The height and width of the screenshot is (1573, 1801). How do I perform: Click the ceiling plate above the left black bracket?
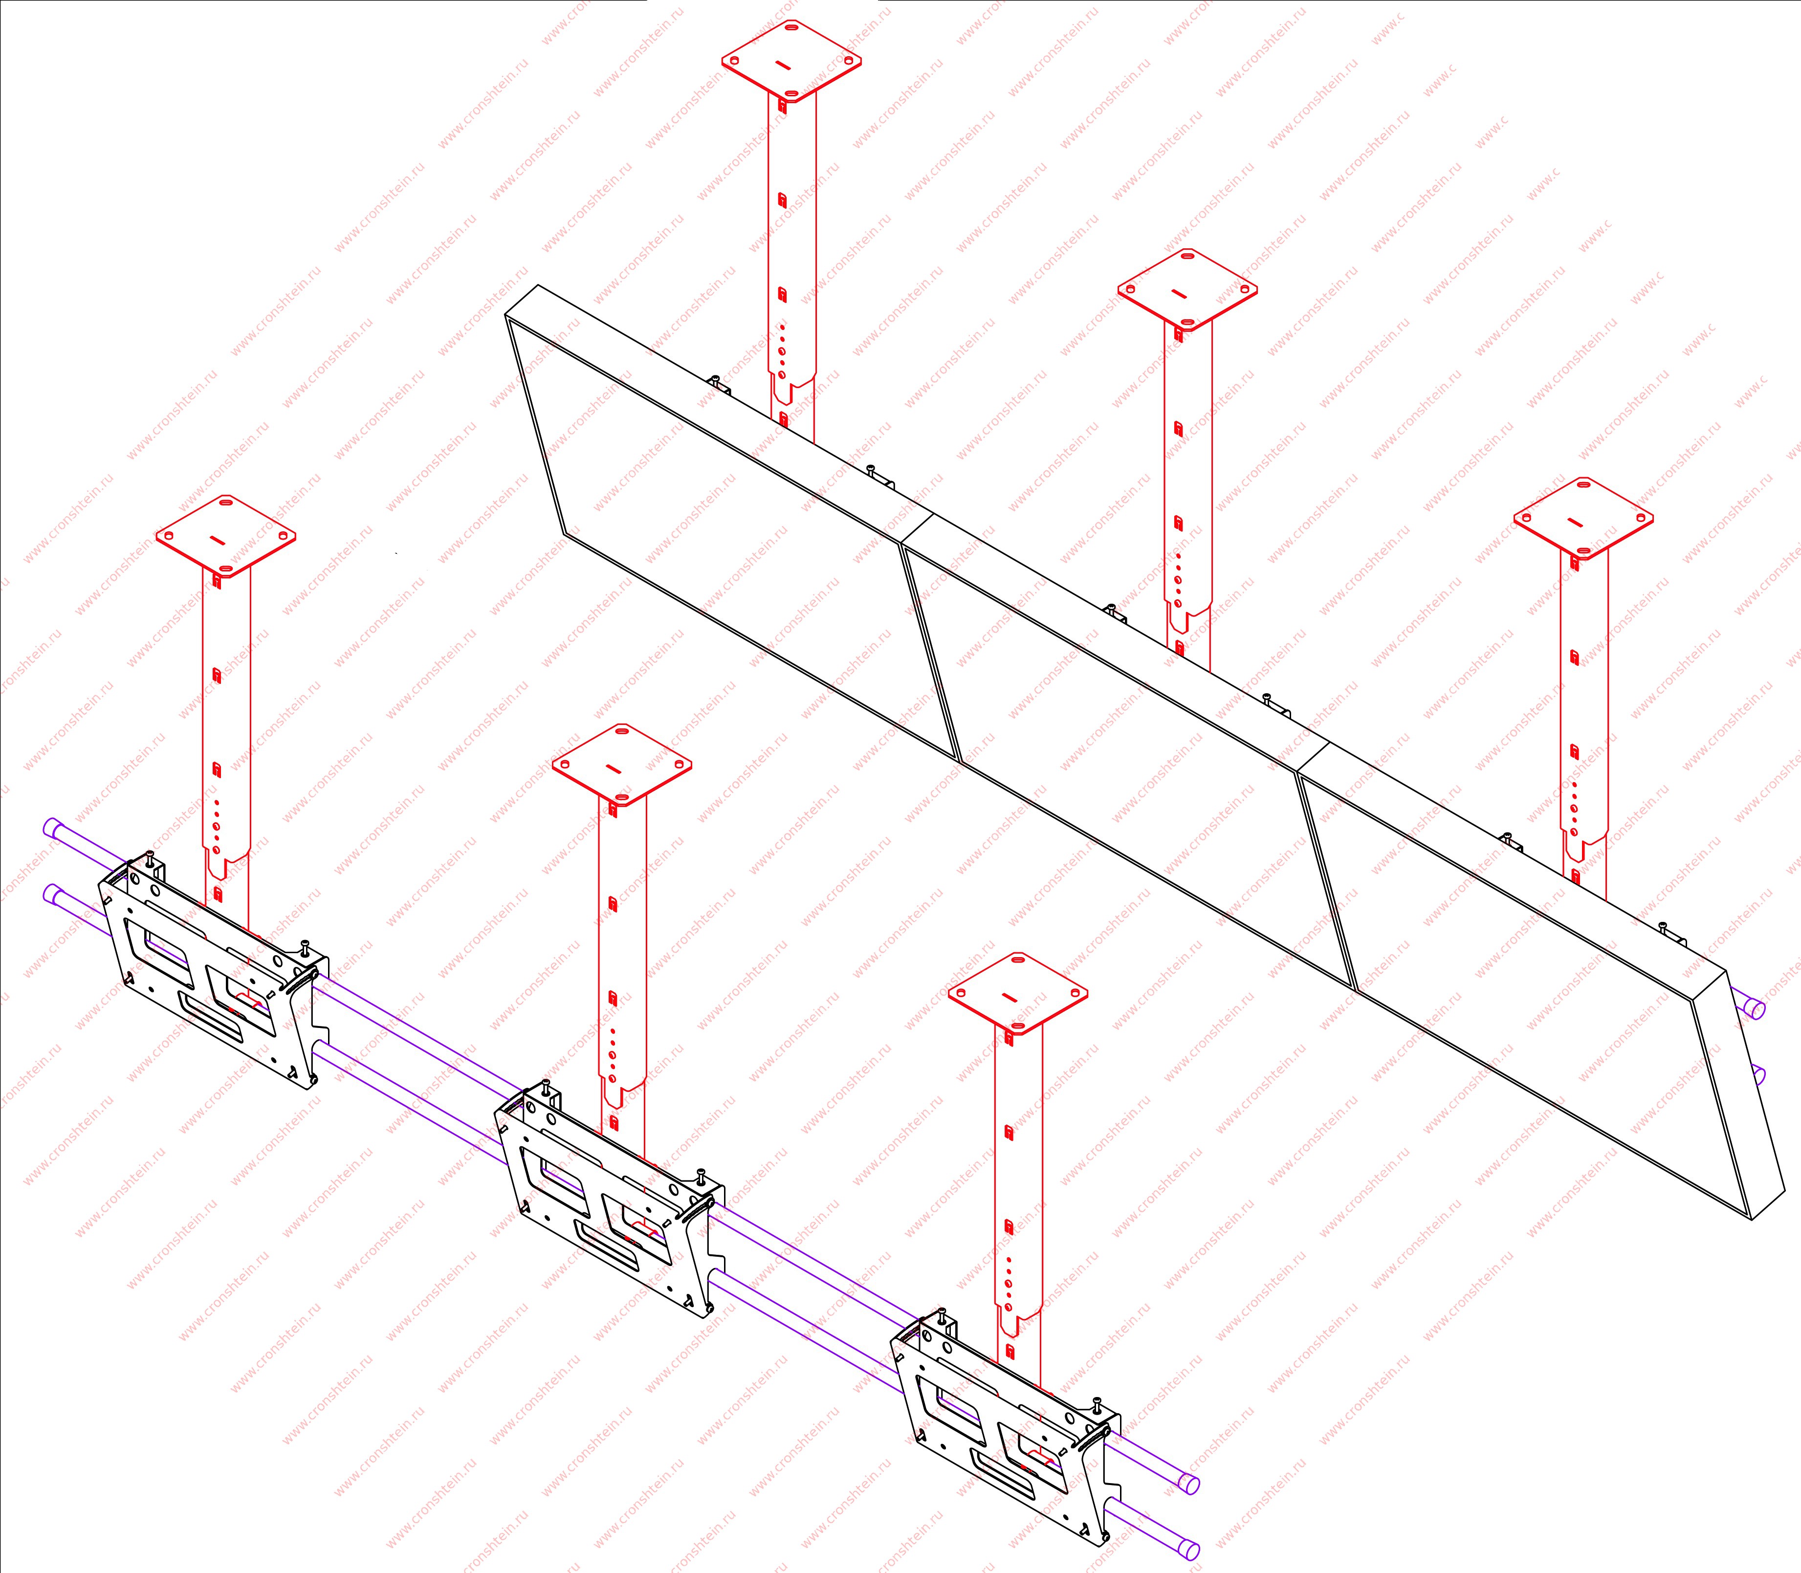tap(225, 535)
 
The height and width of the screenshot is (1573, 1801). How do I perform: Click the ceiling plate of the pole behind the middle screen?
tap(1186, 290)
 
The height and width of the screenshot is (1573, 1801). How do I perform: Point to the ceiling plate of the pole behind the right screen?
tap(1582, 520)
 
